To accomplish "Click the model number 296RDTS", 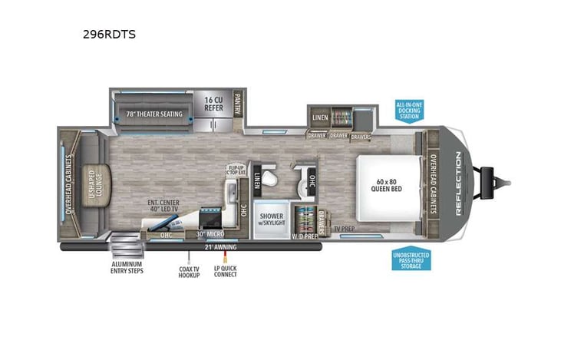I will tap(104, 34).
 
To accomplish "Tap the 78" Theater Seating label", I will tap(154, 114).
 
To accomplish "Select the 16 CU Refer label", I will tap(213, 104).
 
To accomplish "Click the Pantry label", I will tap(237, 104).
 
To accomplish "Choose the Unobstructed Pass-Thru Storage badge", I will tap(411, 259).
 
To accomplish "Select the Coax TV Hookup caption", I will tap(189, 271).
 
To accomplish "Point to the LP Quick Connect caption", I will tap(226, 271).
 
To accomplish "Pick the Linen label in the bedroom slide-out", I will tap(320, 117).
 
